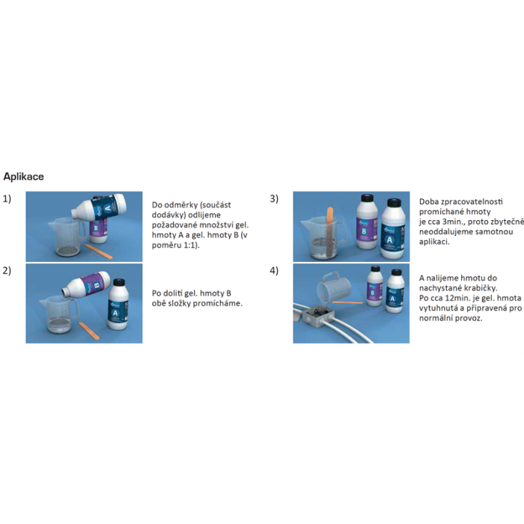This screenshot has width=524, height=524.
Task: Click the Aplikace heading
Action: tap(23, 177)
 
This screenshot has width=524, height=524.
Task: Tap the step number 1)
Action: tap(7, 199)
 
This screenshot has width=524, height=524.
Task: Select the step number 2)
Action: tap(7, 271)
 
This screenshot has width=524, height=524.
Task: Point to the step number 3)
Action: tap(274, 199)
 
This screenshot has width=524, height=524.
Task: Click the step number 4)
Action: tap(274, 271)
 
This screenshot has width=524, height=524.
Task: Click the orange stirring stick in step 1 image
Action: tap(99, 251)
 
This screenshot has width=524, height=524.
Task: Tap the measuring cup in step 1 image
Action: tap(66, 237)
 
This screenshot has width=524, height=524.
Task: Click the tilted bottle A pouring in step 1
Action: tap(100, 207)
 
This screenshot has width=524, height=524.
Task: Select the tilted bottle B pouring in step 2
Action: tap(86, 284)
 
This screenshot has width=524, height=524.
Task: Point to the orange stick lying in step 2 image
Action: tap(89, 331)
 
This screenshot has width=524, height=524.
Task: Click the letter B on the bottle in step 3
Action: tap(365, 231)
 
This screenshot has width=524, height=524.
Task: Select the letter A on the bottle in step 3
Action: tap(389, 240)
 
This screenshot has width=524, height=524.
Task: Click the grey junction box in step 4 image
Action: tap(318, 317)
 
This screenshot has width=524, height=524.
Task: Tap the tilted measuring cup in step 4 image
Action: tap(334, 289)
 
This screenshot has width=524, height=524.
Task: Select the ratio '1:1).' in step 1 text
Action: tap(192, 246)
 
